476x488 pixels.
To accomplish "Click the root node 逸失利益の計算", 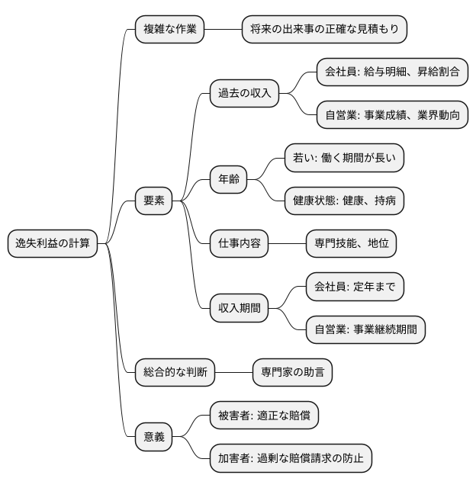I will tap(53, 244).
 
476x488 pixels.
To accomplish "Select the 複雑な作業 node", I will tap(169, 30).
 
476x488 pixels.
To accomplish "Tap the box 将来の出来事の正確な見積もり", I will tap(324, 30).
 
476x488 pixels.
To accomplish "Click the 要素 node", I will tap(153, 201).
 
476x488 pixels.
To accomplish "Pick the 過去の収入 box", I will tap(244, 94).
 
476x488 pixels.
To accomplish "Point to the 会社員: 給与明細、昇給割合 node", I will tap(391, 72).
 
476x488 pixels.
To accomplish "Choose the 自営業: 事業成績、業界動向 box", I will tap(391, 115).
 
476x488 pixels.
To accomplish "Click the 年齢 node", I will tap(229, 180).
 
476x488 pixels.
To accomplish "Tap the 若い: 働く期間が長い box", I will tap(343, 158).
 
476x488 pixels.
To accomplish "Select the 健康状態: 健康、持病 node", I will tap(343, 201).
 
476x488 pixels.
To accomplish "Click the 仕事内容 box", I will tap(239, 244).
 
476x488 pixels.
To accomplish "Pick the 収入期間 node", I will tap(239, 308).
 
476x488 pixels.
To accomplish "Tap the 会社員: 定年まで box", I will tap(354, 287).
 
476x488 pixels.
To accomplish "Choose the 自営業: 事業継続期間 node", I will tap(365, 329).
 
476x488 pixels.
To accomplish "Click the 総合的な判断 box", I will tap(174, 373).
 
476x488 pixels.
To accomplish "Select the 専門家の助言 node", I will tap(292, 373).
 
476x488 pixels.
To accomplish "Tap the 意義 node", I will tap(153, 437).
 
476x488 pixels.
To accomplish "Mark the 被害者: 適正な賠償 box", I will tap(263, 416).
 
